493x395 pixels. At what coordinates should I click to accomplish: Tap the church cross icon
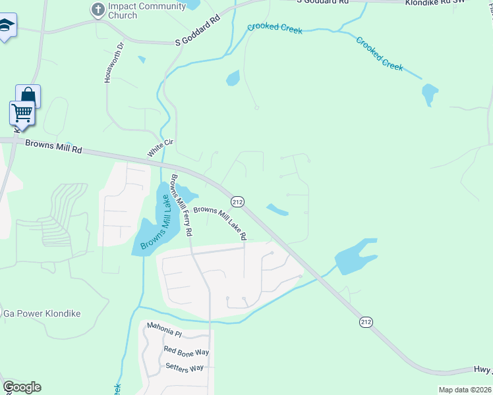(x=98, y=9)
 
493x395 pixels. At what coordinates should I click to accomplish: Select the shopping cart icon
(x=22, y=113)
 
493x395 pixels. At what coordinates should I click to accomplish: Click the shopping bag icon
(x=28, y=96)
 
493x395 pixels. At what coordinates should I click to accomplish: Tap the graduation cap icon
(x=5, y=26)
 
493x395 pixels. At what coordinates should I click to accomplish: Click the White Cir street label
(x=156, y=147)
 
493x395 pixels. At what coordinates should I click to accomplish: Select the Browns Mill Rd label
(x=54, y=145)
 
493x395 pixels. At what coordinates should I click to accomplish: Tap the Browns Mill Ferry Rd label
(x=181, y=205)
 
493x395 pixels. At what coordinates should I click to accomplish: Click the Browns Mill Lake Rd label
(x=219, y=223)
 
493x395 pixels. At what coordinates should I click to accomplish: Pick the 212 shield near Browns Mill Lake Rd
(x=237, y=201)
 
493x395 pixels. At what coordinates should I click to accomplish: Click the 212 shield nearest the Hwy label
(x=366, y=322)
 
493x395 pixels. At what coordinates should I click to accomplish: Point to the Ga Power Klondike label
(x=42, y=313)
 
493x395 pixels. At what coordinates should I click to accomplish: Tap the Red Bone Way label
(x=186, y=352)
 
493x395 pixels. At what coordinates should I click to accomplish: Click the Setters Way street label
(x=185, y=367)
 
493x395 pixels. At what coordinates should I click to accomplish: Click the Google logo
(x=22, y=387)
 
